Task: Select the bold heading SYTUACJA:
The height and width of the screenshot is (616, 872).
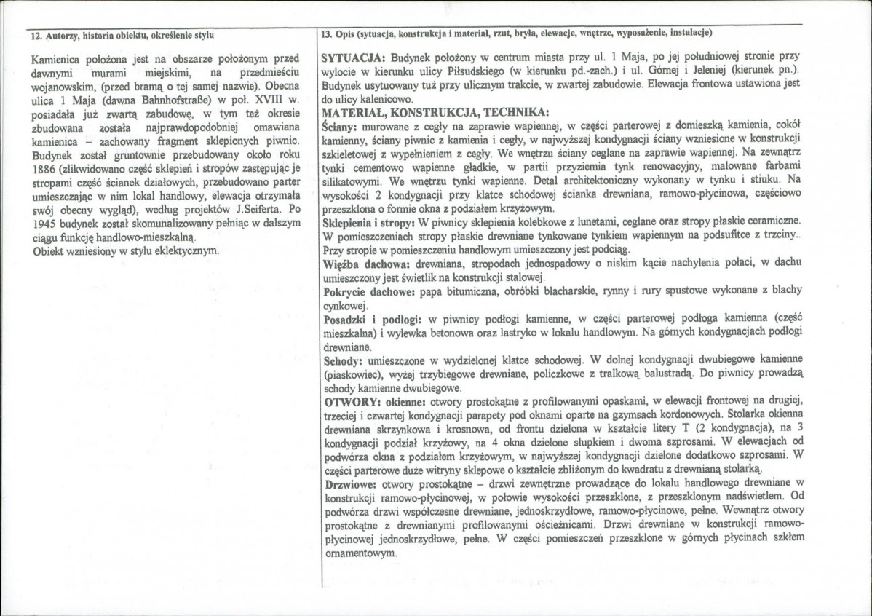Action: click(x=353, y=56)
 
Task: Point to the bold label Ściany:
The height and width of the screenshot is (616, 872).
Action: click(x=340, y=126)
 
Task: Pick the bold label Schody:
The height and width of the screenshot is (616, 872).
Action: click(x=342, y=360)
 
